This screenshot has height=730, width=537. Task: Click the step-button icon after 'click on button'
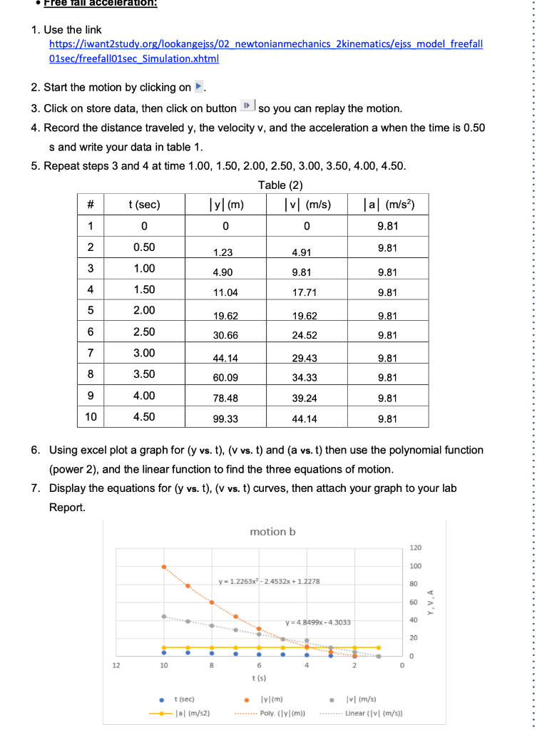point(245,108)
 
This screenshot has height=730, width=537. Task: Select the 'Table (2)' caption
point(281,185)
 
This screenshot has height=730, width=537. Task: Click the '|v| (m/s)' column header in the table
point(307,205)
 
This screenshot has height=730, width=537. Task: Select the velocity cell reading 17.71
point(305,292)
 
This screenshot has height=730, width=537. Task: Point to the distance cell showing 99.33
point(225,418)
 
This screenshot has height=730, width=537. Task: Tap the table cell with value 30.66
point(225,334)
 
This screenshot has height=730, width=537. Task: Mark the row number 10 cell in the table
point(91,416)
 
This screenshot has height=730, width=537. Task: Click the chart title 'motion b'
point(272,532)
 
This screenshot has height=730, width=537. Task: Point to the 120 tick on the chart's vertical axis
point(416,547)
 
